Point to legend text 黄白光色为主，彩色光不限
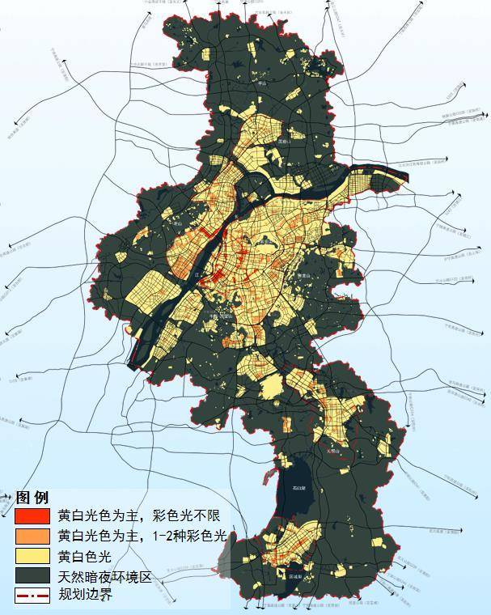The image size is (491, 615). [x=138, y=515]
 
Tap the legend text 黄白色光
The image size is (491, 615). [x=89, y=556]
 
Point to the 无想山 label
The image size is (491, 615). [x=332, y=452]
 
